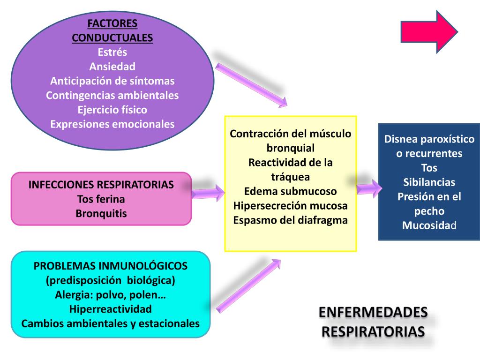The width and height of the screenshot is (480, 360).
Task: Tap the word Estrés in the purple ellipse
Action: [112, 52]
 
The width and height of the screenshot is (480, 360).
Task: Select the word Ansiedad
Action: [112, 67]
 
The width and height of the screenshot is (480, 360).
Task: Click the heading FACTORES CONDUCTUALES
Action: [112, 30]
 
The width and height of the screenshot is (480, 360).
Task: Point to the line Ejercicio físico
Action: [112, 110]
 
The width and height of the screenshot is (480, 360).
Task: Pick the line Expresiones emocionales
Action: [112, 124]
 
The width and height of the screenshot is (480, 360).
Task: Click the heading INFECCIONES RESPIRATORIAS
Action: [101, 184]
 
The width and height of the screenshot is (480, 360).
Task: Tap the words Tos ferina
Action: [101, 199]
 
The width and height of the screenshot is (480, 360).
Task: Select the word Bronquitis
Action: [101, 213]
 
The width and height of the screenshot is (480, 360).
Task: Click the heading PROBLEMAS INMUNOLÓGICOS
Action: [111, 266]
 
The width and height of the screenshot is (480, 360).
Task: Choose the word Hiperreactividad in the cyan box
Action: [111, 309]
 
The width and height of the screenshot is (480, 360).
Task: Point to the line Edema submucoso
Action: [291, 191]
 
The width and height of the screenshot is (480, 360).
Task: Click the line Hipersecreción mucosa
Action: [291, 205]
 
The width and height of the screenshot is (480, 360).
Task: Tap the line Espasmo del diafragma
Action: [291, 220]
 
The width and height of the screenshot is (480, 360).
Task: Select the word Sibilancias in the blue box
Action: [429, 182]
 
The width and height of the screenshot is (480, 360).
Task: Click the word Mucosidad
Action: [429, 225]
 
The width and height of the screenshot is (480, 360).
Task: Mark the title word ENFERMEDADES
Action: [373, 312]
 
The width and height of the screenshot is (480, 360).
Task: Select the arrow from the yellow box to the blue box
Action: [368, 188]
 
